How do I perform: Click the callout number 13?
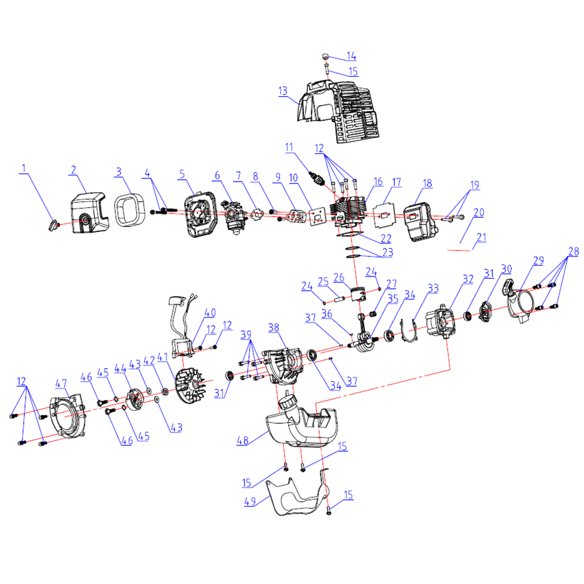283,91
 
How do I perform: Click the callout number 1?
24,168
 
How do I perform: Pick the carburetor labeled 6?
235,218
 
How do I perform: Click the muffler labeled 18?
419,222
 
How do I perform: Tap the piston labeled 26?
358,294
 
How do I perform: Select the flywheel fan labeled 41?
190,386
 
